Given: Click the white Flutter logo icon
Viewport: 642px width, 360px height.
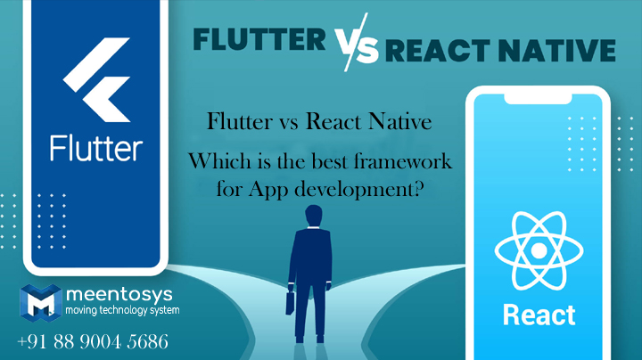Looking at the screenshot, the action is [97, 80].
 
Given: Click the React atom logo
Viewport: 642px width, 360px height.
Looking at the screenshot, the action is [539, 250].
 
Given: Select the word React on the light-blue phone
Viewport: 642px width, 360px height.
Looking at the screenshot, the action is [539, 315].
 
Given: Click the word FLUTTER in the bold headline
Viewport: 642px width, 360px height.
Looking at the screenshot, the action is [259, 40].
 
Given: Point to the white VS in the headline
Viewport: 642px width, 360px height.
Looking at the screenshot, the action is [357, 42].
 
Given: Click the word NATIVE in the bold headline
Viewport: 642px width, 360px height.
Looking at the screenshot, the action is [556, 50].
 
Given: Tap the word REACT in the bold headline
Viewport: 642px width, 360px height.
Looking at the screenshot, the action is [437, 51].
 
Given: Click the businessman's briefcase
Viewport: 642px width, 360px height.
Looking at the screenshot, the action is [290, 303].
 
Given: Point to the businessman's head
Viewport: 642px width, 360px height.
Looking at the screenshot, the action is [314, 215].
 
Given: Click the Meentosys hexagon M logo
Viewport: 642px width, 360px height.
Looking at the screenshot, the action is [41, 303].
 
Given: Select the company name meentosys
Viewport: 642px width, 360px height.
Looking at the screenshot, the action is [119, 295].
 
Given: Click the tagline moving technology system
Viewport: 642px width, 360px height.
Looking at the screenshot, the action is [122, 310].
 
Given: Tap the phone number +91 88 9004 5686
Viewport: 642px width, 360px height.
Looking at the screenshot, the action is [93, 341].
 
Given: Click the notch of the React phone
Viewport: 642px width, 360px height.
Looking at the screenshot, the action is [538, 99].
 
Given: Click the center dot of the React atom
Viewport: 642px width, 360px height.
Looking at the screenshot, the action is [539, 250].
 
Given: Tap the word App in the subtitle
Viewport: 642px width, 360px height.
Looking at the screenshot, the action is [268, 190].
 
